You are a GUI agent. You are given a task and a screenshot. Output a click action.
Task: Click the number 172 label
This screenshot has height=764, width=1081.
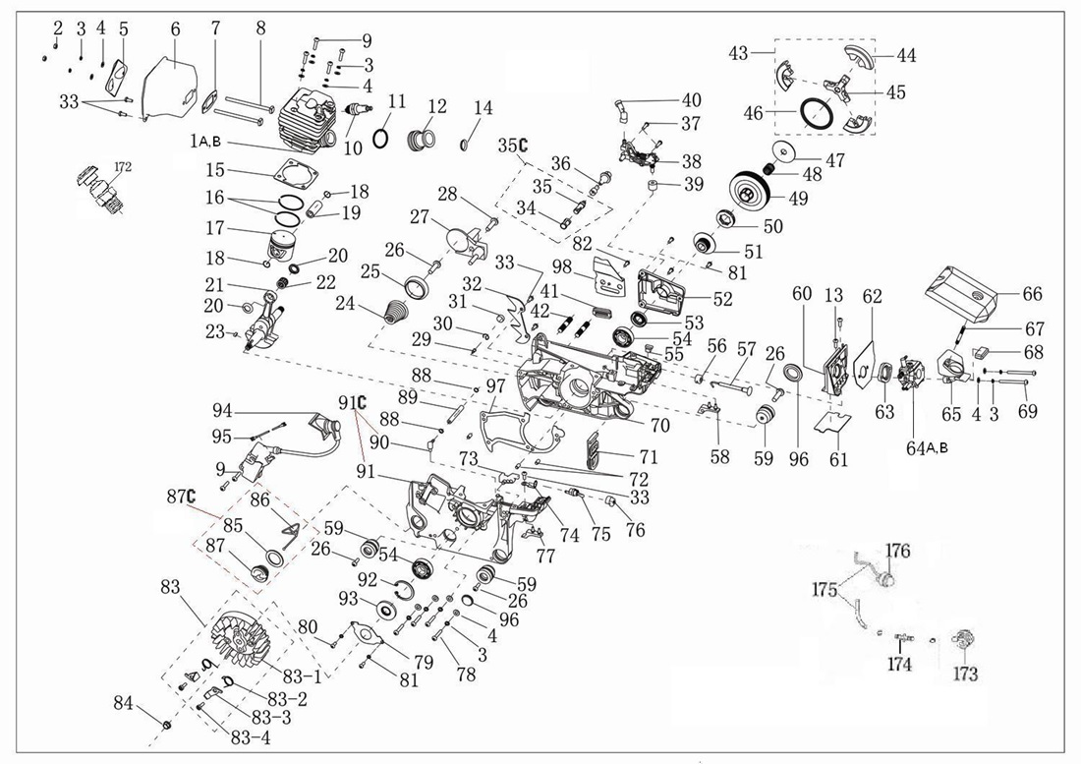pos(122,166)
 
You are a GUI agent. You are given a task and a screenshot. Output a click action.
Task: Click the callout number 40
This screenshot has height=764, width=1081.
pos(692,100)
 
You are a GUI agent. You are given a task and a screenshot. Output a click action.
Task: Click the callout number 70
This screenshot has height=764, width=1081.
pos(660,425)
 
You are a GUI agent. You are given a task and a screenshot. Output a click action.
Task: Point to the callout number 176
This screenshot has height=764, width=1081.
pos(900,550)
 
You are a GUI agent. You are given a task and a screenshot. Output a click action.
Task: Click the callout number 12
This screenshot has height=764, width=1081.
pos(436,106)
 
